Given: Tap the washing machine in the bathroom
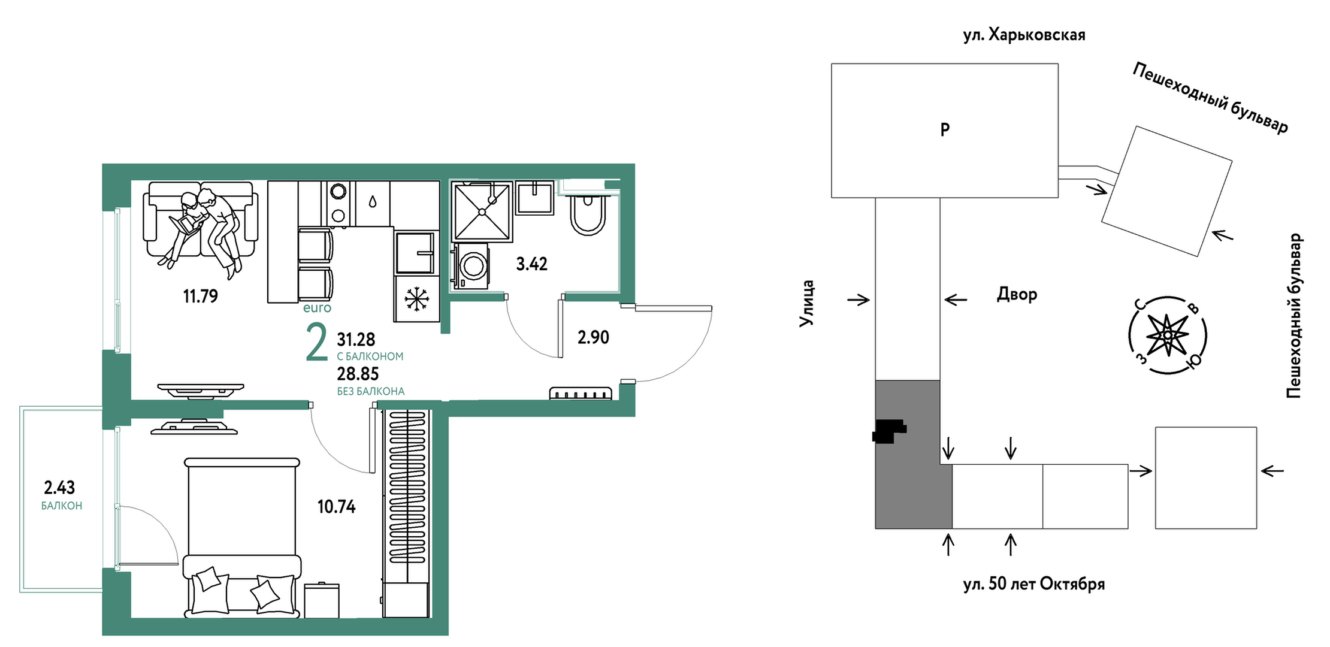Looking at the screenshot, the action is click(471, 265).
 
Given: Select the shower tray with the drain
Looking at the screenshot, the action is click(482, 211).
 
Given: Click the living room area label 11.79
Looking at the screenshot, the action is click(200, 296).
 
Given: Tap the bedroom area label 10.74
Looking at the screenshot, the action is click(336, 507).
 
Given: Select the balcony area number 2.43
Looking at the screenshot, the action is click(59, 488).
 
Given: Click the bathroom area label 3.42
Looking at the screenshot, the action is click(531, 264).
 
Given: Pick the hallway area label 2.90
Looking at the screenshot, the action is click(593, 337).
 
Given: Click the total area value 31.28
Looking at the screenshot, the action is click(356, 340).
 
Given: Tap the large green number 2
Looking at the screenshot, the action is click(316, 342).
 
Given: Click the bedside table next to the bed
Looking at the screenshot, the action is click(322, 600).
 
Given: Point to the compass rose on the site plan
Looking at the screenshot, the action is click(1167, 335).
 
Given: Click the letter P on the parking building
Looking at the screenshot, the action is click(945, 129).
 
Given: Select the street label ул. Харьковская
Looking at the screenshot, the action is click(1024, 35).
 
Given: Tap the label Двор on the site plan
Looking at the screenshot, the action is click(1017, 294).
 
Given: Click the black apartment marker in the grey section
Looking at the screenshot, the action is click(889, 431).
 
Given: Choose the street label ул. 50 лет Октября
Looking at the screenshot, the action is click(1034, 583).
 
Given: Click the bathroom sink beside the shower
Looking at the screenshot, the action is click(535, 198).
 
